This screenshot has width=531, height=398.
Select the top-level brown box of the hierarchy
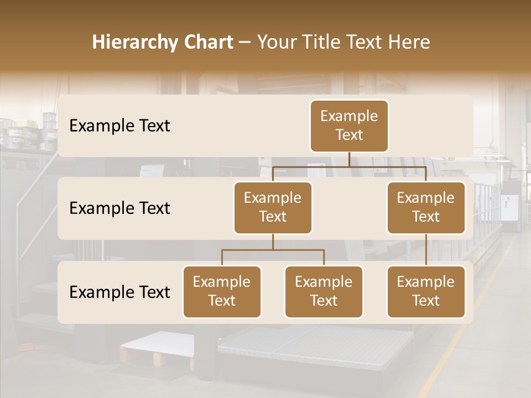(349, 126)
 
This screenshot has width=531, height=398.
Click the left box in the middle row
(273, 208)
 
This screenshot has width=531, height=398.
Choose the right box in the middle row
(426, 208)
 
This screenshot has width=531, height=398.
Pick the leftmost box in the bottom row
(222, 292)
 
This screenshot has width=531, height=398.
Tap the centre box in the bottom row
(324, 292)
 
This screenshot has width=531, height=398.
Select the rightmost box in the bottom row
(426, 292)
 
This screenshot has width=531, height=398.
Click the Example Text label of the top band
(119, 126)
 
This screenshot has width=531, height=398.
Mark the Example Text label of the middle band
(119, 208)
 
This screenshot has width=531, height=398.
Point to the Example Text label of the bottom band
(119, 292)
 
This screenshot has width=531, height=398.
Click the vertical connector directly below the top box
(349, 159)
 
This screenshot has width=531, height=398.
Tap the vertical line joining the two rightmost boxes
(426, 250)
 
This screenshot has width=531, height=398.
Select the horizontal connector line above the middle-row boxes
(349, 166)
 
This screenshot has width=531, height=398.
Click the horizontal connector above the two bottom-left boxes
(273, 250)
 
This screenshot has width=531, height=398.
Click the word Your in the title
(275, 43)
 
